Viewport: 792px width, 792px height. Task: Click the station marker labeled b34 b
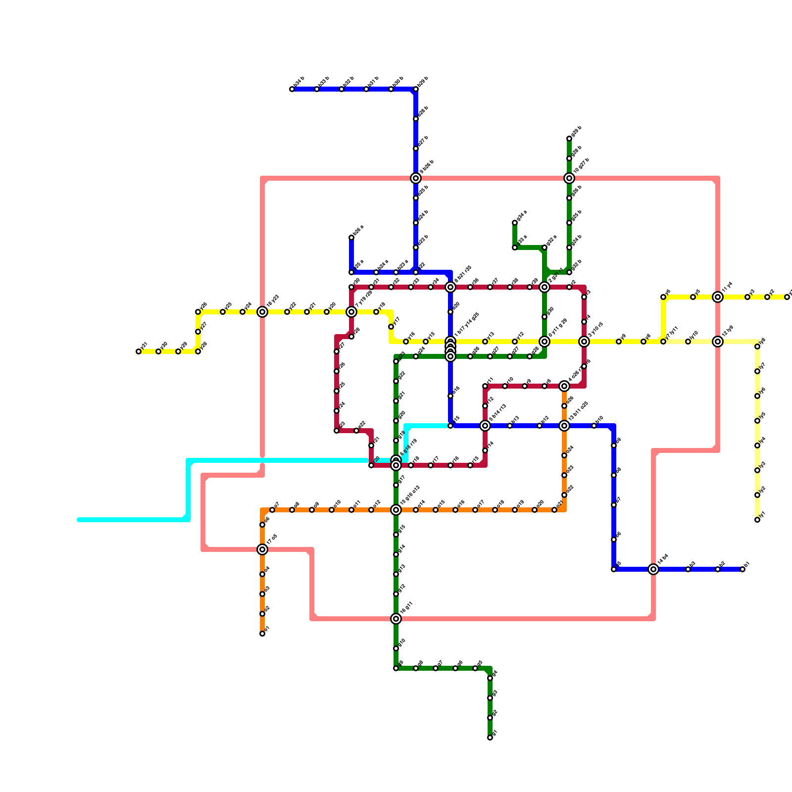coord(292,89)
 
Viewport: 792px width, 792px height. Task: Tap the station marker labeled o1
coord(262,634)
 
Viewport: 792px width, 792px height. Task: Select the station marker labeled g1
coord(490,738)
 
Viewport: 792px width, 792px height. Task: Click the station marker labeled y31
coord(139,351)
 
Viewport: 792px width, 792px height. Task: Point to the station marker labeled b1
coord(742,569)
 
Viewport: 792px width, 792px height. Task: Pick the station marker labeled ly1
coord(757,520)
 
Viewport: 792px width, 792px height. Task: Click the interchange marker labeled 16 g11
coord(396,619)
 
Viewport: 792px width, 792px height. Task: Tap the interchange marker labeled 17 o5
coord(262,549)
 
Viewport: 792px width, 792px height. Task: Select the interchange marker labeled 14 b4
coord(653,569)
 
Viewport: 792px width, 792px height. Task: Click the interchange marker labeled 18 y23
coord(262,312)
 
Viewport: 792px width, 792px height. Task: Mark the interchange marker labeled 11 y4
coord(718,297)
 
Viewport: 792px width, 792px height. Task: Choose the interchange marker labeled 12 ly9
coord(718,342)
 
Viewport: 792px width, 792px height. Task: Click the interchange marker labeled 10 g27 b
coord(569,178)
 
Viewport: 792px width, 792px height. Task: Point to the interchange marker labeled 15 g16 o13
coord(396,510)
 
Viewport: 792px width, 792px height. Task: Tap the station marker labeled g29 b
coord(569,139)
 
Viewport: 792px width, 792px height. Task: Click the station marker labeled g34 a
coord(515,223)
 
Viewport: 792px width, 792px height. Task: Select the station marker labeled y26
coord(198,312)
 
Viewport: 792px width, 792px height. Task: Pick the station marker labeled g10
coord(396,648)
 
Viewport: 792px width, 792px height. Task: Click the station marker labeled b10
coord(594,426)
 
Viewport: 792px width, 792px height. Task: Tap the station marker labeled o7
coord(272,510)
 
